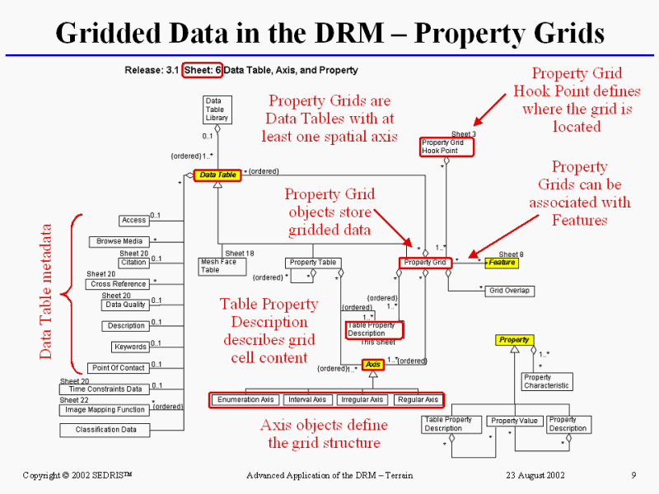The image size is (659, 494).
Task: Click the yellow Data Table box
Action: [217, 175]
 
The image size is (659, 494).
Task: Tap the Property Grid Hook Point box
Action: [447, 147]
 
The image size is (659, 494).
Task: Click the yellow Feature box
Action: [502, 263]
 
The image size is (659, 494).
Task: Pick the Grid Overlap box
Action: [509, 291]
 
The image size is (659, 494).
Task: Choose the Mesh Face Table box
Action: [218, 265]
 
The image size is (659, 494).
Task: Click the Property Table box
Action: [314, 263]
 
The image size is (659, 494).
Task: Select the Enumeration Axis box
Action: [245, 400]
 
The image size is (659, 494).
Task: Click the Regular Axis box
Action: [418, 400]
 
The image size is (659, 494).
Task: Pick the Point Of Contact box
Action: [119, 368]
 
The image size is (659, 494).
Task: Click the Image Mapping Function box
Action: [105, 409]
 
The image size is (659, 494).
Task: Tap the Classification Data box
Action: [105, 430]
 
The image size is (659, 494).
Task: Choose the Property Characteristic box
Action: [545, 382]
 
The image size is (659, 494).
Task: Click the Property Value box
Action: [514, 421]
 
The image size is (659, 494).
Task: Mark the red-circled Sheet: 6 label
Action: [202, 70]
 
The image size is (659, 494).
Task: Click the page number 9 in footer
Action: [634, 475]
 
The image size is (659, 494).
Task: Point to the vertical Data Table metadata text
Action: [47, 291]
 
